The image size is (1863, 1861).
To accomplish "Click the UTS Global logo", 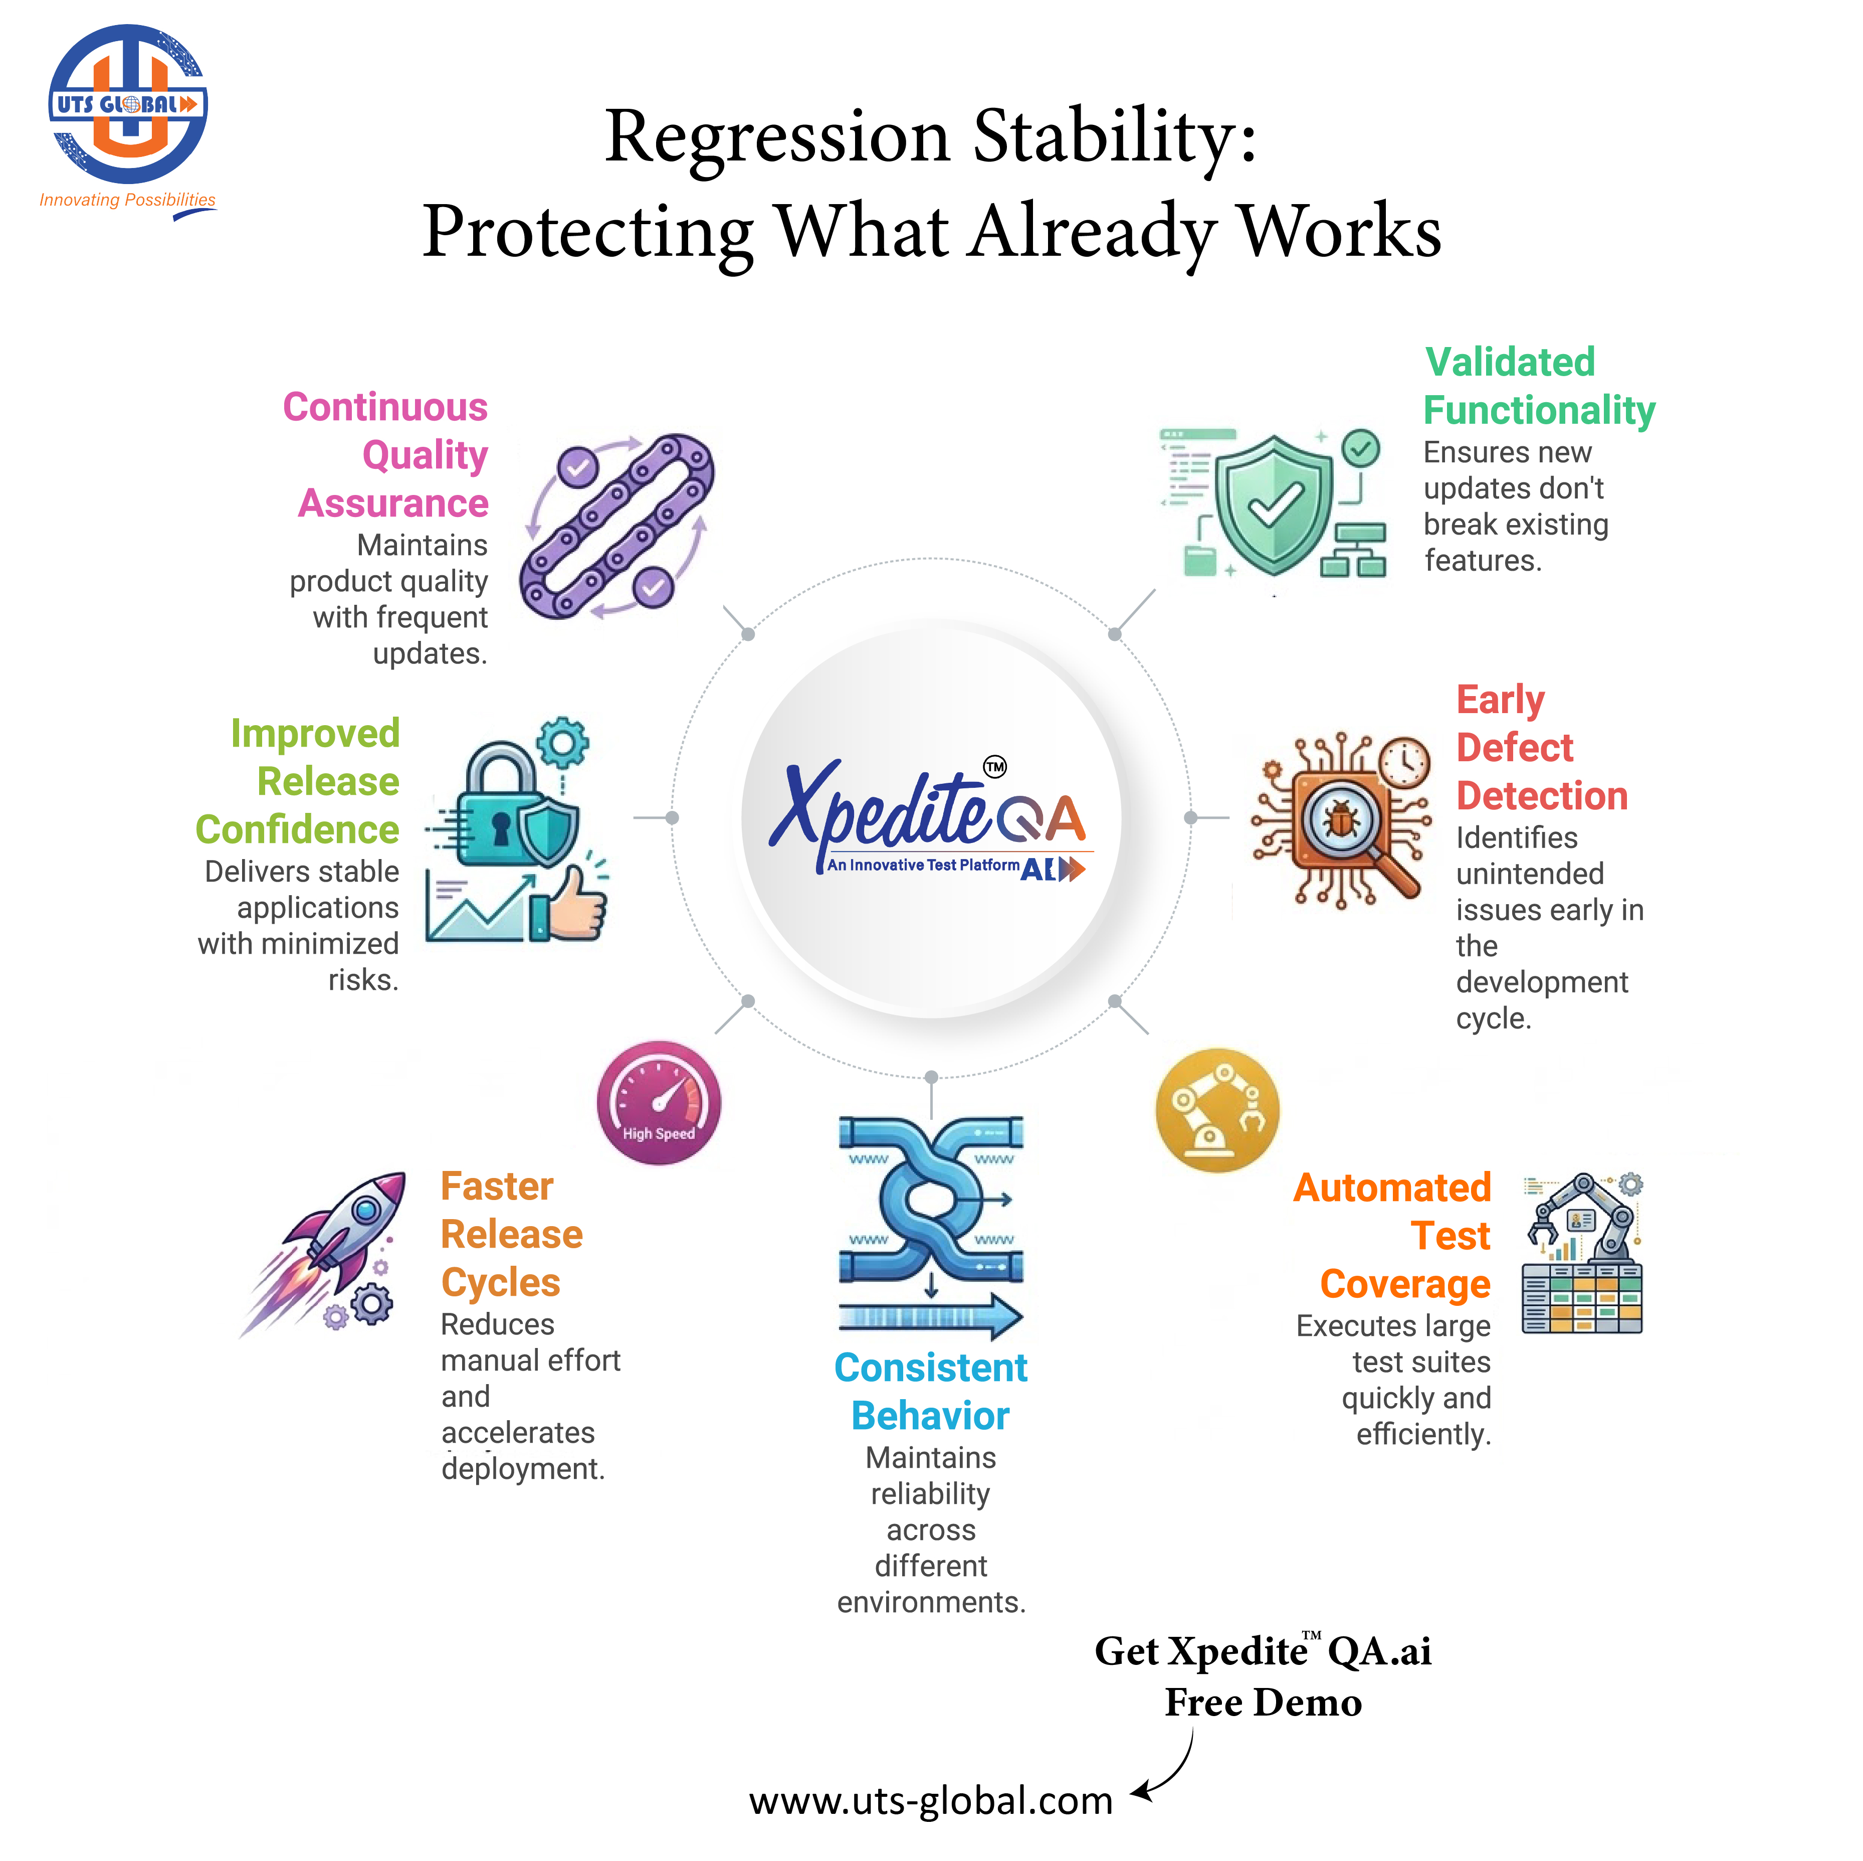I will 127,104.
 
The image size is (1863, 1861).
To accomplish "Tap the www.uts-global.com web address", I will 931,1800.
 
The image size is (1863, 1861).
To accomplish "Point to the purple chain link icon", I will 617,525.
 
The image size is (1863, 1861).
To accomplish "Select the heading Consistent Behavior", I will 931,1391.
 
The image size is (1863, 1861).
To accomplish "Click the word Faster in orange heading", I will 497,1186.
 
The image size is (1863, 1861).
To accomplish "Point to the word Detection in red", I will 1541,796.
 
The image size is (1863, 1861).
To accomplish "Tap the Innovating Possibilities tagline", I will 127,200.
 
